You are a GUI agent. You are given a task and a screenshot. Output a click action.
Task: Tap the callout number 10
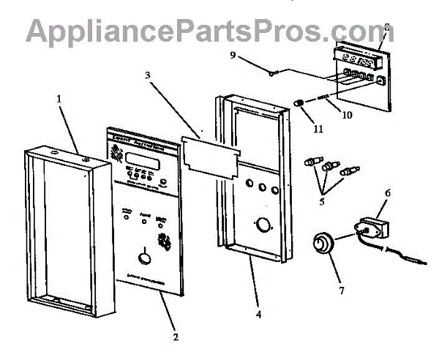pos(347,115)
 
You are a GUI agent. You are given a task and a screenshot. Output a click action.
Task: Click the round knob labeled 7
pos(320,242)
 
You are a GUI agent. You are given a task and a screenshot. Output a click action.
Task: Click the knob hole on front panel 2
pos(144,258)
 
